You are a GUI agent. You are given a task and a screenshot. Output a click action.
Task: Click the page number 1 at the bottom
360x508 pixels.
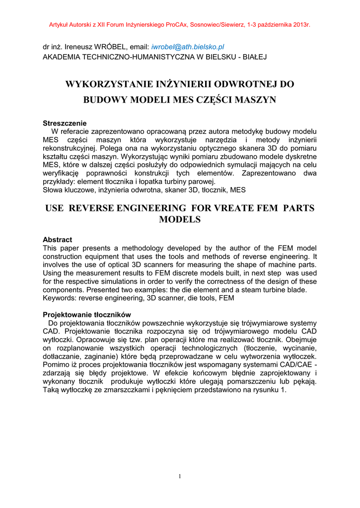(x=180, y=477)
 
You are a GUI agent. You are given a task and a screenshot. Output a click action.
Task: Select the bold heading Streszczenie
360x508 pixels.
(x=65, y=123)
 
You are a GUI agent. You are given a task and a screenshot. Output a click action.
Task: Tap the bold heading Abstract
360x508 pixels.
(x=57, y=240)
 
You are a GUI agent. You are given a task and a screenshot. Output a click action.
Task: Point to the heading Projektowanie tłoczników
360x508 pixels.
(x=87, y=315)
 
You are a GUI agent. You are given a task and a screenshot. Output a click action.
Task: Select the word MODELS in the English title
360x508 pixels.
(x=180, y=219)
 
